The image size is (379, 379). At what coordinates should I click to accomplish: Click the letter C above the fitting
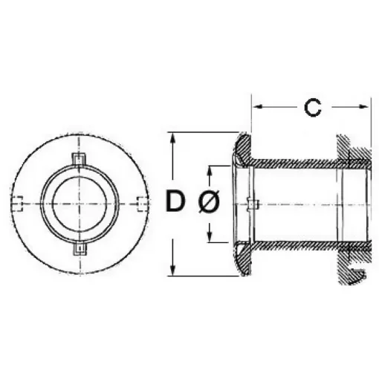click(x=313, y=108)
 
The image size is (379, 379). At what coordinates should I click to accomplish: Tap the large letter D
click(x=174, y=202)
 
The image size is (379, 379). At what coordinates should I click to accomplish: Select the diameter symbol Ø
click(x=209, y=203)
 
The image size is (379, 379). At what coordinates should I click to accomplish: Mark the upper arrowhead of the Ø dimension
click(x=210, y=169)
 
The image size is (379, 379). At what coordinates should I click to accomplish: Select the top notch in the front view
click(x=80, y=159)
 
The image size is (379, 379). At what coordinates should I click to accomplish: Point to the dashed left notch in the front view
click(x=20, y=203)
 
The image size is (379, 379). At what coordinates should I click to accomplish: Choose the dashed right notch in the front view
click(x=141, y=203)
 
